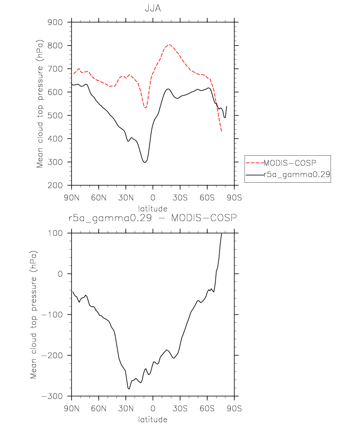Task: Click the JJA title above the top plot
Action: [153, 8]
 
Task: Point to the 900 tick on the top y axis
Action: [55, 22]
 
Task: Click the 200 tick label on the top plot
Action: [55, 185]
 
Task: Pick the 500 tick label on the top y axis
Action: [55, 115]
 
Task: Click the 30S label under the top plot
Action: [180, 198]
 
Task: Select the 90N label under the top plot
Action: [72, 198]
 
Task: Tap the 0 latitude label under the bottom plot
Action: [153, 408]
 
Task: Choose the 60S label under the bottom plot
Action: [207, 408]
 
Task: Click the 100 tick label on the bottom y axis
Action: [55, 233]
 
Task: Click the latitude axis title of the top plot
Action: [153, 209]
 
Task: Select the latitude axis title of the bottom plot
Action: [153, 419]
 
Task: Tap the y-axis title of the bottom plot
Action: [33, 314]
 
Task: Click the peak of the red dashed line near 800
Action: [169, 44]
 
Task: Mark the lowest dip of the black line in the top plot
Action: [145, 162]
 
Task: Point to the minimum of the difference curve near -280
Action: [129, 389]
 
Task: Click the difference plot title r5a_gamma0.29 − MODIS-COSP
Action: [153, 218]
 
